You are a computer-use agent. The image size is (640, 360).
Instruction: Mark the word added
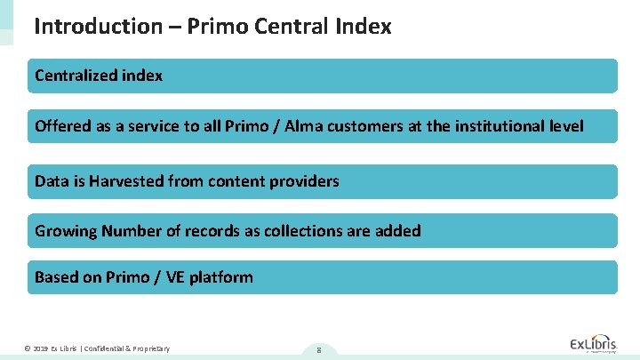pyautogui.click(x=397, y=231)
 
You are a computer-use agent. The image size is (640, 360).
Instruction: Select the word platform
pyautogui.click(x=220, y=277)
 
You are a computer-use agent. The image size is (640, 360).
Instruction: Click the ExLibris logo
pyautogui.click(x=592, y=344)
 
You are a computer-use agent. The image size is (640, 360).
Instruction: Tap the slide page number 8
pyautogui.click(x=317, y=350)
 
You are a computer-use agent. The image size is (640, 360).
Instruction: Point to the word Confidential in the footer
pyautogui.click(x=104, y=348)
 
